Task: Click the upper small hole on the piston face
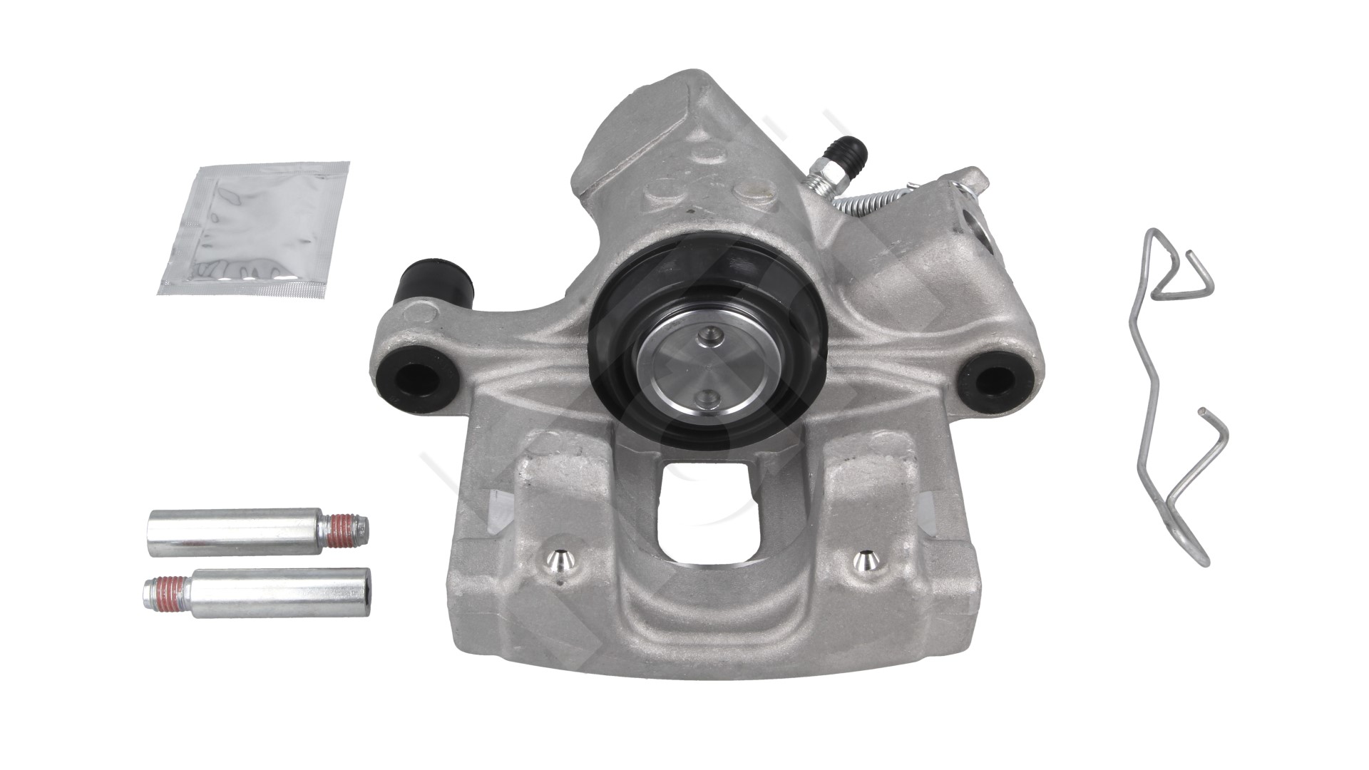[705, 333]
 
